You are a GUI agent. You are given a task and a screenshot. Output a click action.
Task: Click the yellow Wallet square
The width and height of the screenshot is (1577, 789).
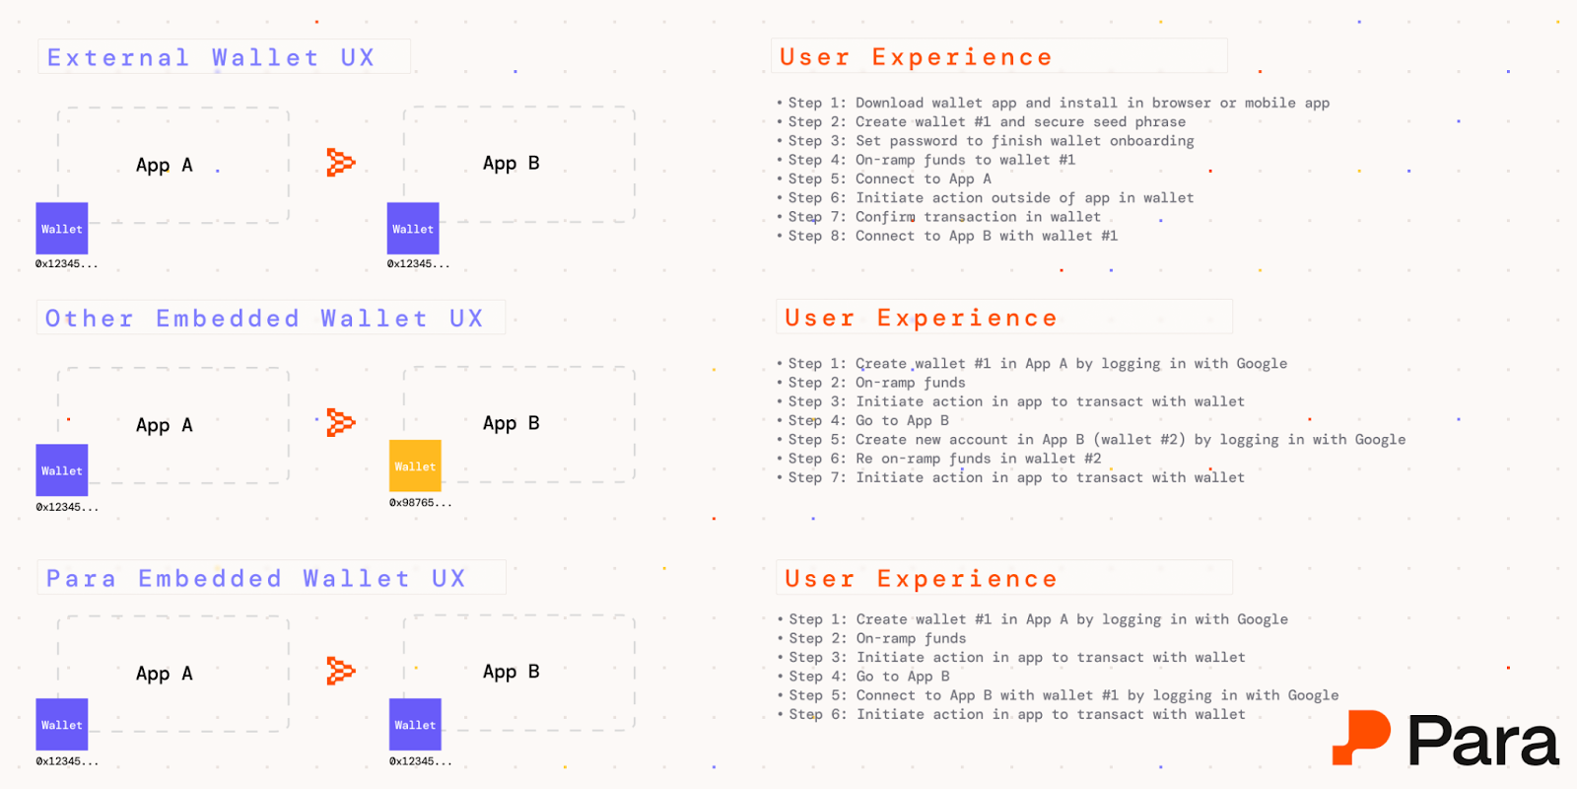415,466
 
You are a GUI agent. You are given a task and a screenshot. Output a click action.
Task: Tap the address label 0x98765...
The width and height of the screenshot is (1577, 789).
420,503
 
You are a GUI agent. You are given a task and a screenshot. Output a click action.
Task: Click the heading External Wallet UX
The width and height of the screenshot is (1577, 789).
211,57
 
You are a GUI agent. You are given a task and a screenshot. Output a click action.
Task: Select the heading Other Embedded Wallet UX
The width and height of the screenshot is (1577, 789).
264,319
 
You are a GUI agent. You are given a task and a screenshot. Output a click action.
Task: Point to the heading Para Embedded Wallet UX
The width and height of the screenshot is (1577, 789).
255,578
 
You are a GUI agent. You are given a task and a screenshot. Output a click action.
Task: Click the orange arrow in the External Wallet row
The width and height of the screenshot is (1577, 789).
341,163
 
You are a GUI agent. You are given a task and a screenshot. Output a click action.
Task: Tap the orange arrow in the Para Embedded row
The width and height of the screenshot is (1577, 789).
341,671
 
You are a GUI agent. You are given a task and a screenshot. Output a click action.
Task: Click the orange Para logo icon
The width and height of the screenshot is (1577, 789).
1361,737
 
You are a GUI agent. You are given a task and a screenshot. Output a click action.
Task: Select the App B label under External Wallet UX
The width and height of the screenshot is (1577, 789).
512,164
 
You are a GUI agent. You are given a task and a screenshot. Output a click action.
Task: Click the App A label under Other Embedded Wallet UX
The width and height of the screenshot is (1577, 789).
164,425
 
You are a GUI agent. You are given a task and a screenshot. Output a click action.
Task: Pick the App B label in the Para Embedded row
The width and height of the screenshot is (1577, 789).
512,672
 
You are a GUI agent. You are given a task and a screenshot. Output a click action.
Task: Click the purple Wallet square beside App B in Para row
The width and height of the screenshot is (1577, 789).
415,724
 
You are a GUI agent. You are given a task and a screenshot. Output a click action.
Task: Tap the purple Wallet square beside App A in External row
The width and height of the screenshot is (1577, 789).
62,228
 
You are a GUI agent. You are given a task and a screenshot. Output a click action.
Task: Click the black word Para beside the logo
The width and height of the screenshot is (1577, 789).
1483,740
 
